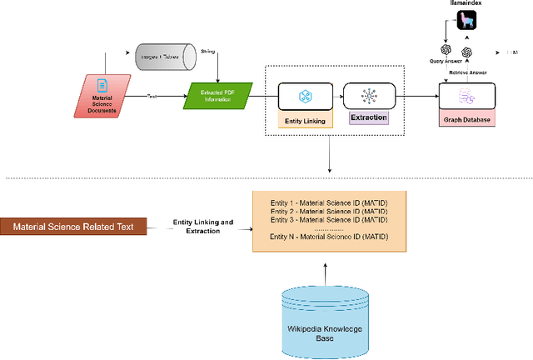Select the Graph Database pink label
468,119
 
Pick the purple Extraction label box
368,117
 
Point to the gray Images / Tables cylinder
164,57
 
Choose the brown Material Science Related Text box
73,227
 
